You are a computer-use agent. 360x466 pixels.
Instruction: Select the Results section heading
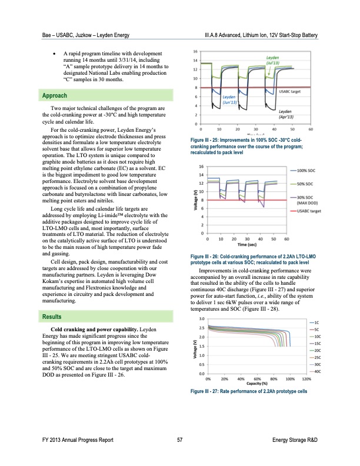[x=49, y=317]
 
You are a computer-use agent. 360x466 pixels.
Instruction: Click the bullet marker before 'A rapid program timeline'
[x=55, y=52]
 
